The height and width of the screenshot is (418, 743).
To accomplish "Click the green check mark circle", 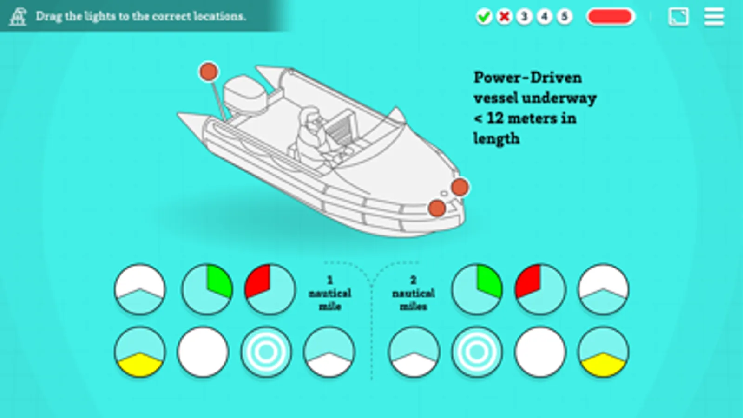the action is [x=484, y=16].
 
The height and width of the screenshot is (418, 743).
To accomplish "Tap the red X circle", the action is [x=504, y=16].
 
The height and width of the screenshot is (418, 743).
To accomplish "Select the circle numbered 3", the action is [x=525, y=16].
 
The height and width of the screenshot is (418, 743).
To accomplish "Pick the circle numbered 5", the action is [x=564, y=16].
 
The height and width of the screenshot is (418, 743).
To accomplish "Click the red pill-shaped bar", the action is [x=611, y=17].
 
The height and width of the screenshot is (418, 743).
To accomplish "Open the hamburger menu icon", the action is [x=714, y=17].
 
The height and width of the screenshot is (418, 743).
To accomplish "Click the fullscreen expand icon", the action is [x=678, y=17].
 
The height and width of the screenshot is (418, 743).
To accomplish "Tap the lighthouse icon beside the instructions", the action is [x=18, y=16].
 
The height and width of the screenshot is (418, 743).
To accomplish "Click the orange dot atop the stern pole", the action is [x=209, y=72].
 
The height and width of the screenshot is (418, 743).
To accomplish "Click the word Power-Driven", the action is [x=528, y=78].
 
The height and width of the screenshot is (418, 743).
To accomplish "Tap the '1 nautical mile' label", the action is [x=330, y=294].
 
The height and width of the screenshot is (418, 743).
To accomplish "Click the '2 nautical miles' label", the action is [x=413, y=294].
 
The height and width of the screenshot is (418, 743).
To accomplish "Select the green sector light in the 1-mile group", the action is [x=207, y=289].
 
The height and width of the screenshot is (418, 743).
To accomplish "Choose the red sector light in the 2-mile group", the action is [x=540, y=289].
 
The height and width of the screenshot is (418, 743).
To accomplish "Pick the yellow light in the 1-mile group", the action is [x=140, y=352].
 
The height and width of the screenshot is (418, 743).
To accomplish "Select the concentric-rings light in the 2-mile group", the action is [x=477, y=352].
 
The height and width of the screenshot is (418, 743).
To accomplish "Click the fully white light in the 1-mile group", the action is [x=203, y=352].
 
